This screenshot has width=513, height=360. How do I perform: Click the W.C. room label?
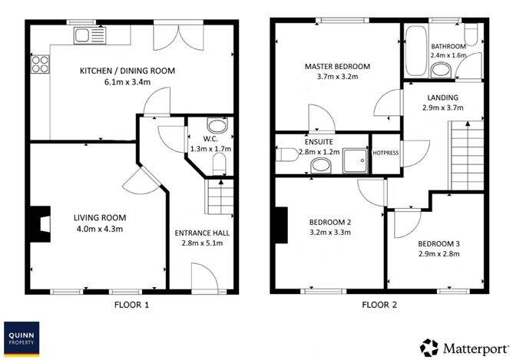200,139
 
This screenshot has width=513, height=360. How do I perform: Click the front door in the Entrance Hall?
199,281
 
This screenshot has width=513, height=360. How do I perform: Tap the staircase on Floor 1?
219,197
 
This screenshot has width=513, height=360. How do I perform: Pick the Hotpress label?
386,153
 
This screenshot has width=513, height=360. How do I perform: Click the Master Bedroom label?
336,67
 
